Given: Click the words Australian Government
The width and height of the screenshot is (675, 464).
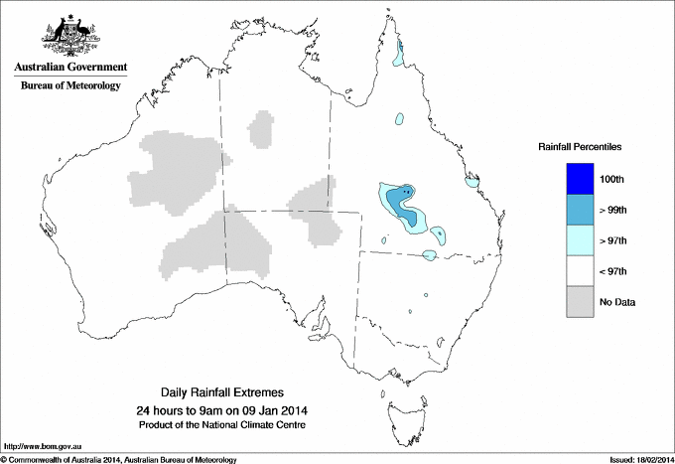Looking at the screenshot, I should (70, 68).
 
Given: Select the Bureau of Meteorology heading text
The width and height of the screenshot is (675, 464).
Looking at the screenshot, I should (70, 85).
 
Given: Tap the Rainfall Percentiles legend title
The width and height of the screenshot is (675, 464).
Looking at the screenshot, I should (580, 147).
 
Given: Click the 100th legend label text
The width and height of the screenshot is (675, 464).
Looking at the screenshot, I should (613, 180).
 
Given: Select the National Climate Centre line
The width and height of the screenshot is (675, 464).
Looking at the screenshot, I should (229, 425).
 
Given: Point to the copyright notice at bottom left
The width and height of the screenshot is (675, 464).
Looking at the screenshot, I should (119, 459).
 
